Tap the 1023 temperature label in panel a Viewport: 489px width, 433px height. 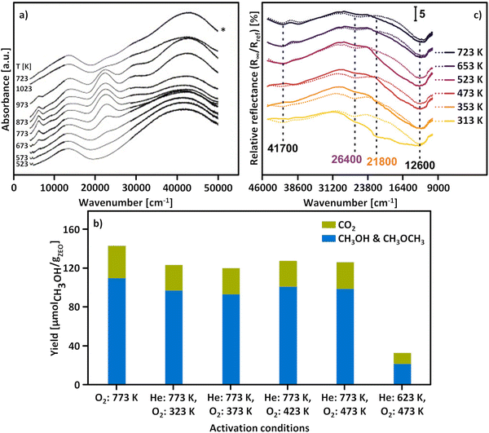(x=24, y=87)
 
